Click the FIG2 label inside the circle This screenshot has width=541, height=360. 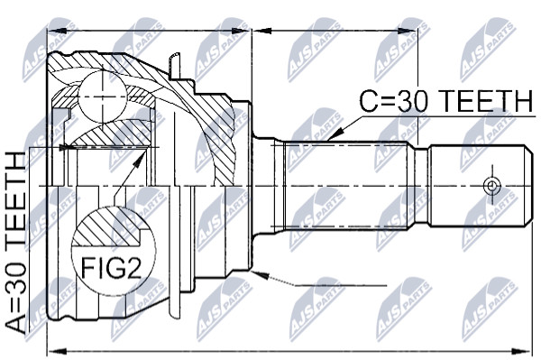tap(112, 269)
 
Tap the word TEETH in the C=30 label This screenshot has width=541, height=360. tap(487, 101)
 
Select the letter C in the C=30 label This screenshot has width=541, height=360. tap(369, 101)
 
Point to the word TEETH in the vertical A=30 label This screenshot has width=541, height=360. tap(14, 202)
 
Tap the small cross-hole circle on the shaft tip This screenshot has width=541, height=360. tap(491, 186)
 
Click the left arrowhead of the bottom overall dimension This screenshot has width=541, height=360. tap(56, 351)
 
